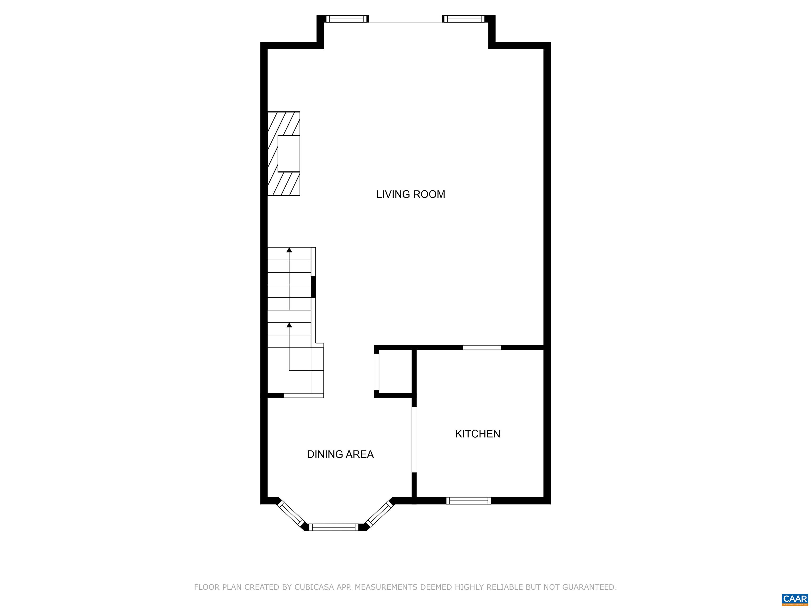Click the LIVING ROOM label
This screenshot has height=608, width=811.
(x=411, y=194)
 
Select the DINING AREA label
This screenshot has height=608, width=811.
(x=340, y=454)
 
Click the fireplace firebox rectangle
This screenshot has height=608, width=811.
(x=289, y=154)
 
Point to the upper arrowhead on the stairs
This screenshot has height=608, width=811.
(x=289, y=250)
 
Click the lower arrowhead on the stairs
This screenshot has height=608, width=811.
(x=289, y=325)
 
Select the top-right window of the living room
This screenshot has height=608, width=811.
(x=463, y=19)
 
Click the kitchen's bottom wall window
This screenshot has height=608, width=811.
(x=469, y=501)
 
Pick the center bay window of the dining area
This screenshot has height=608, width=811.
(x=333, y=527)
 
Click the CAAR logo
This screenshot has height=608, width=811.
(x=795, y=599)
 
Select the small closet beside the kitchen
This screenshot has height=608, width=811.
(x=395, y=371)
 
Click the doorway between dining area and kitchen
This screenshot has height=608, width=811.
(x=414, y=440)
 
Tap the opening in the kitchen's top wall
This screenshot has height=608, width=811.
(x=482, y=348)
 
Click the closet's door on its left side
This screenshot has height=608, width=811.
(x=376, y=372)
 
